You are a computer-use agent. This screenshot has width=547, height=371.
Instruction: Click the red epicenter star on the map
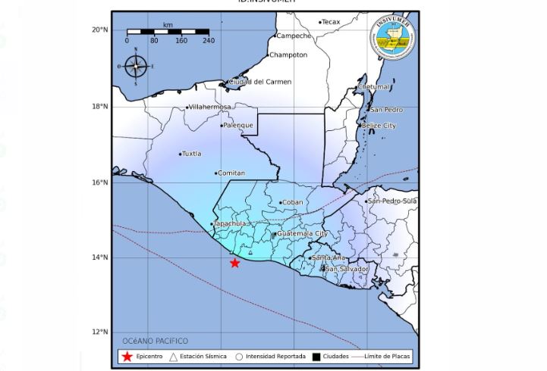coord(235,263)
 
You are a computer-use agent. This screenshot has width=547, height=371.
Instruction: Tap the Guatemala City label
coord(302,234)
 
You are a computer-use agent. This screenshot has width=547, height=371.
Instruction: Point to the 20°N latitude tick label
coord(100,30)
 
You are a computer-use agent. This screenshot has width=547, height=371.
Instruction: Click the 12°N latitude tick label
coord(100,332)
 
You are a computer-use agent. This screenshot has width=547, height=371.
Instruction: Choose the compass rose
coord(136,67)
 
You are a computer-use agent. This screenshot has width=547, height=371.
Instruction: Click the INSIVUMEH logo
coord(392,39)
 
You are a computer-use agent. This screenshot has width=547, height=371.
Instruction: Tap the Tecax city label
coord(332,22)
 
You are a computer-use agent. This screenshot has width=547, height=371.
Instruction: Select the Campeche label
coord(294,36)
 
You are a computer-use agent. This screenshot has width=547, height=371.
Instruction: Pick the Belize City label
coord(379,125)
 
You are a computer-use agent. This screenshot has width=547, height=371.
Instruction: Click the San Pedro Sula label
coord(392,201)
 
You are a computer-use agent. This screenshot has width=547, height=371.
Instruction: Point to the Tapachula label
coord(231,224)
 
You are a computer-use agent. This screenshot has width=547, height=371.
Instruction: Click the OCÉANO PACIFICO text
coord(155,341)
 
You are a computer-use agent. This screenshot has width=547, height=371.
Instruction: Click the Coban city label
coord(292,202)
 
